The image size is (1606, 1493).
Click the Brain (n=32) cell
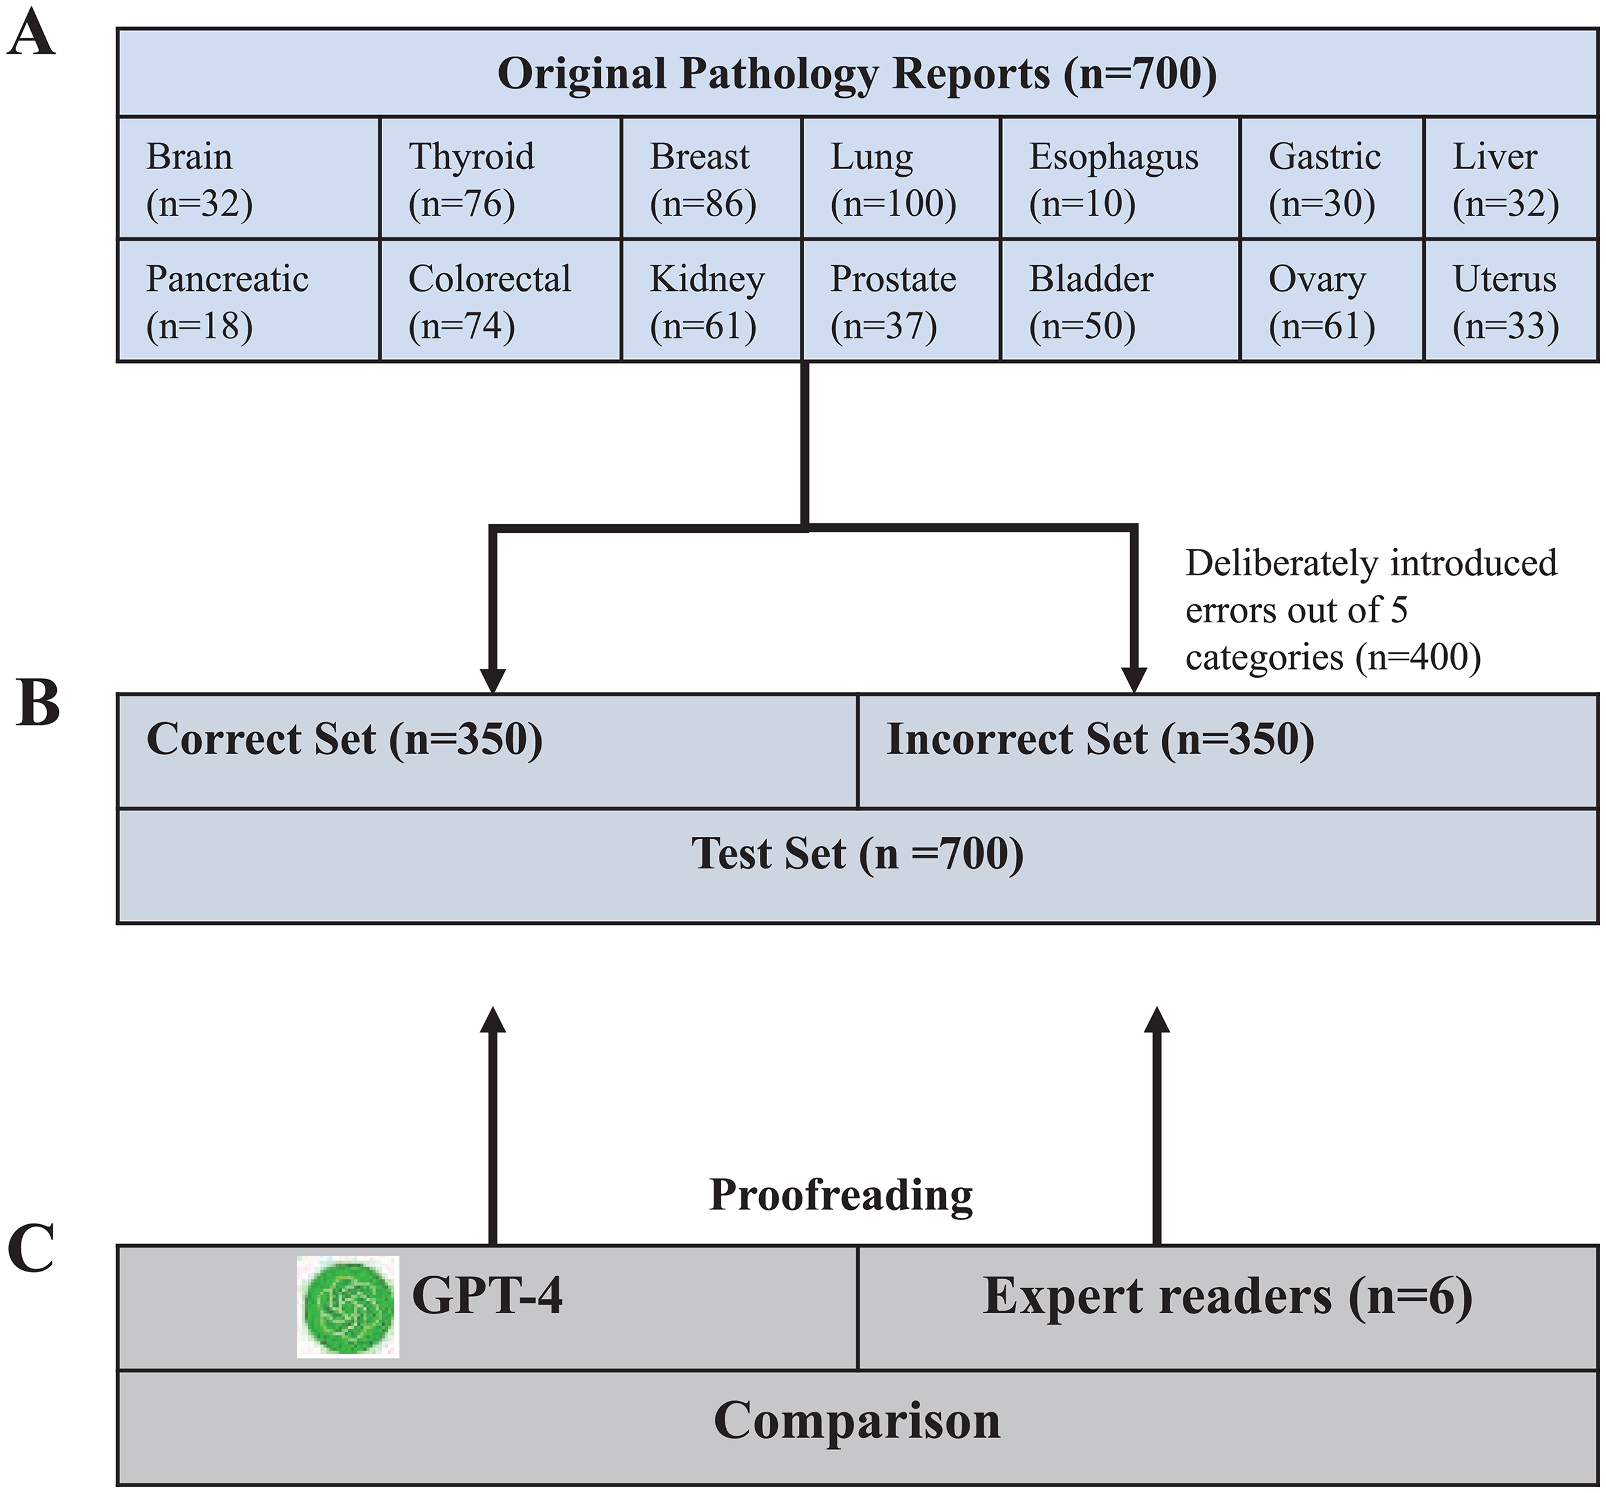tap(249, 179)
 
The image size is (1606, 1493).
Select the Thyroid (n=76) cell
tap(500, 179)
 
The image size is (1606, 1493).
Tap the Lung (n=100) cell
tap(901, 179)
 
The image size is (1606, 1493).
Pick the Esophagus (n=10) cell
tap(1119, 179)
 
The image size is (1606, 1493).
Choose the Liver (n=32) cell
tap(1510, 179)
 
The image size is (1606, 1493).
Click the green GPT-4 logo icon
tap(348, 1307)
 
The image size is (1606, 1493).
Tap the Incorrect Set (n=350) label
tap(1100, 739)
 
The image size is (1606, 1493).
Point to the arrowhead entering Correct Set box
tap(493, 680)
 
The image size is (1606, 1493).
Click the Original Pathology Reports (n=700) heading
tap(857, 73)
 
